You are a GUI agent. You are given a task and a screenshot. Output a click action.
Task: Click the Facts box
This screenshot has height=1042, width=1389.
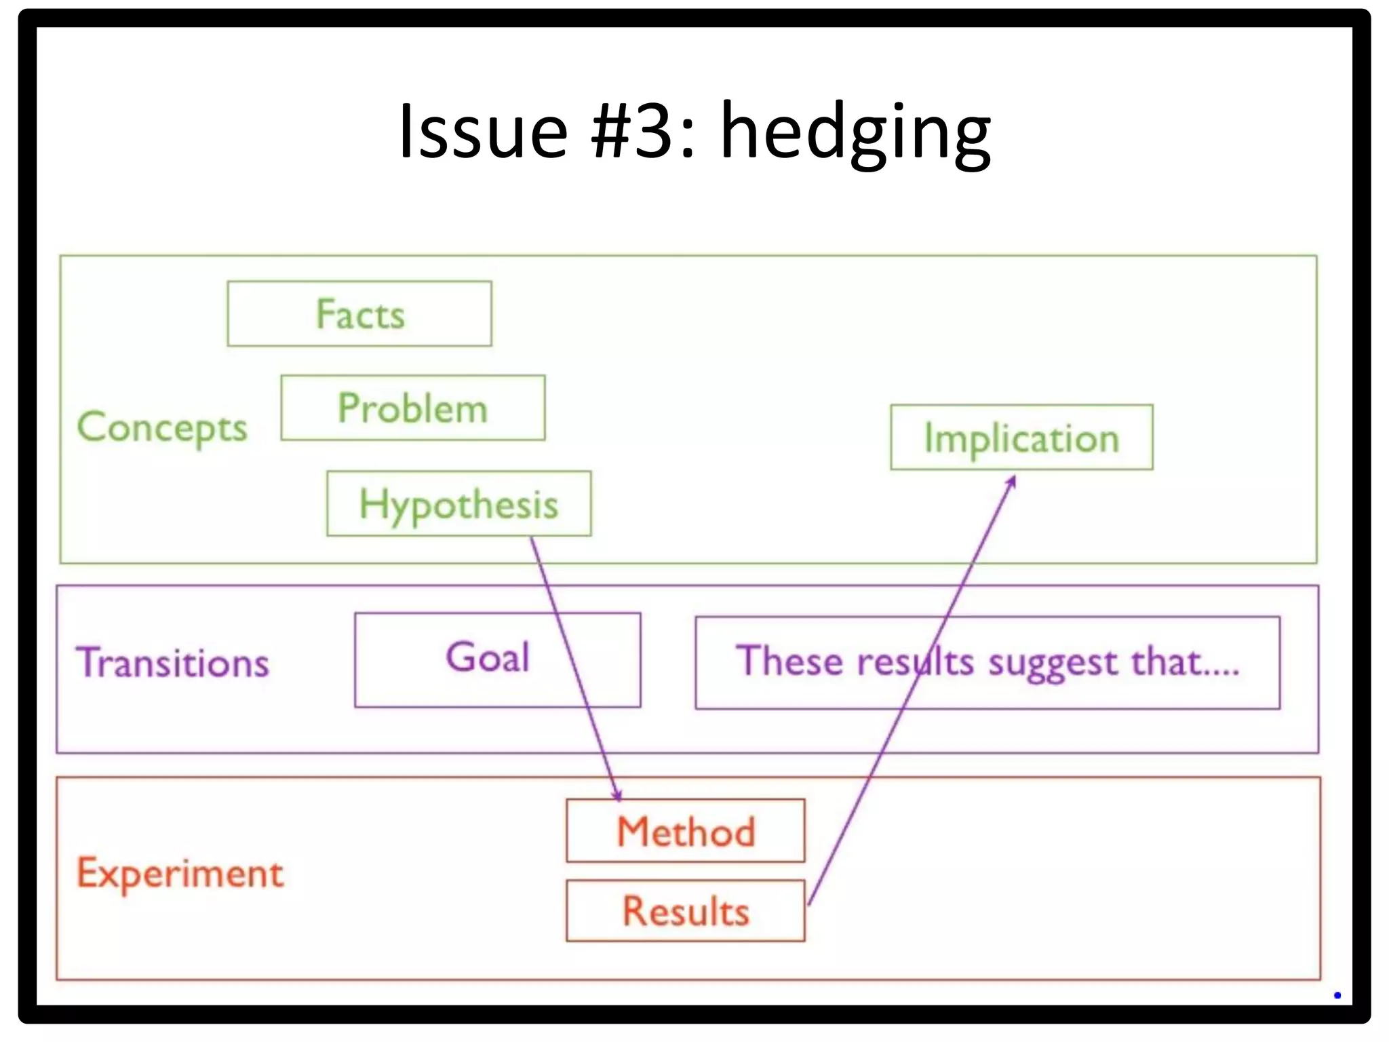point(359,314)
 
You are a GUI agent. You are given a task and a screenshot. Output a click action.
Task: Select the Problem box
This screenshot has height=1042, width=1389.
point(412,408)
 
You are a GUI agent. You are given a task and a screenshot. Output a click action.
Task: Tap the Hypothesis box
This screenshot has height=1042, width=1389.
point(458,504)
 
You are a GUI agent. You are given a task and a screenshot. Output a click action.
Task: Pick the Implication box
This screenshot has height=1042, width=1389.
point(1021,438)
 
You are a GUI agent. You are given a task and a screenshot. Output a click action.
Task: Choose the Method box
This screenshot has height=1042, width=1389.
point(686,831)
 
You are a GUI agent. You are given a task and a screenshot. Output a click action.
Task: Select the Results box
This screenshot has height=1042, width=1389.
point(686,910)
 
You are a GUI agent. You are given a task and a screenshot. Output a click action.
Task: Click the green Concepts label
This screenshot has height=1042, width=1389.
point(162,427)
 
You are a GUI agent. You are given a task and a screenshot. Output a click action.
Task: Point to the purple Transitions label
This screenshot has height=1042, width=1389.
point(173,663)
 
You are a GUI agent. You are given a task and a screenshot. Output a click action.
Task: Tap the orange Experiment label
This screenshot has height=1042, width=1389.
point(180,873)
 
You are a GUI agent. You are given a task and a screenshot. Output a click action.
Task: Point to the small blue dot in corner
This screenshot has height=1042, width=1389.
point(1337,995)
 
